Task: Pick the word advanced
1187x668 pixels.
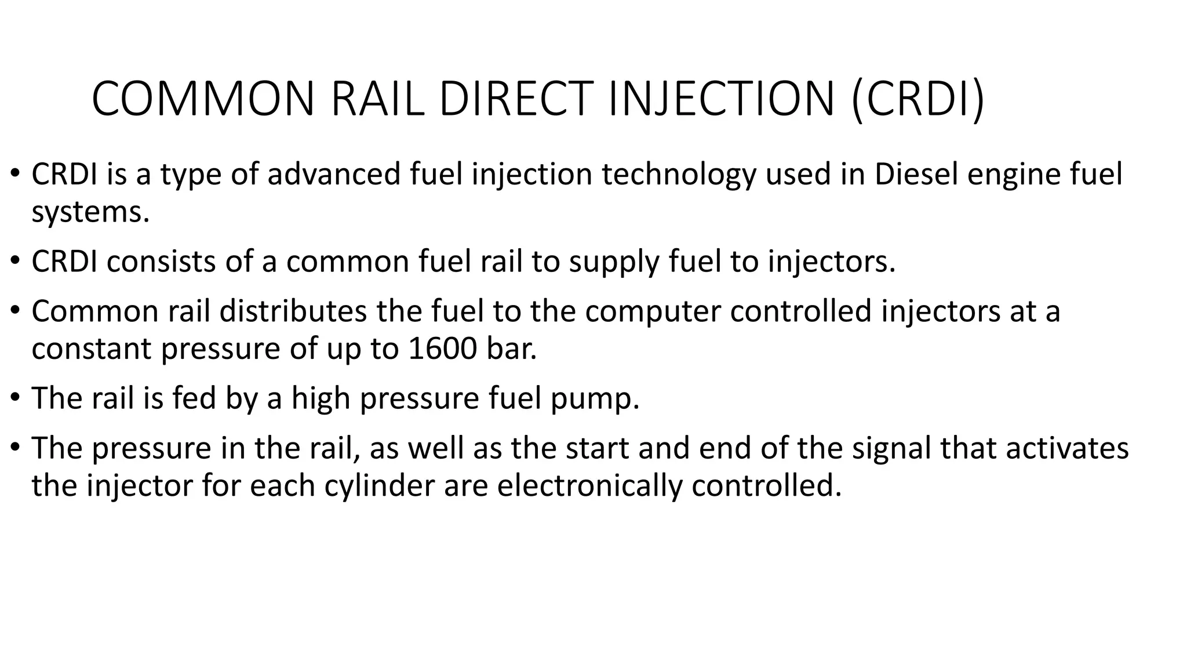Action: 334,174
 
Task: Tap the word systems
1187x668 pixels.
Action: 90,212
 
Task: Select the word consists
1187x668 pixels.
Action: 161,262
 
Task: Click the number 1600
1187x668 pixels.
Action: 442,348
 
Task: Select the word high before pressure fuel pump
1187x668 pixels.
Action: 321,399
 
